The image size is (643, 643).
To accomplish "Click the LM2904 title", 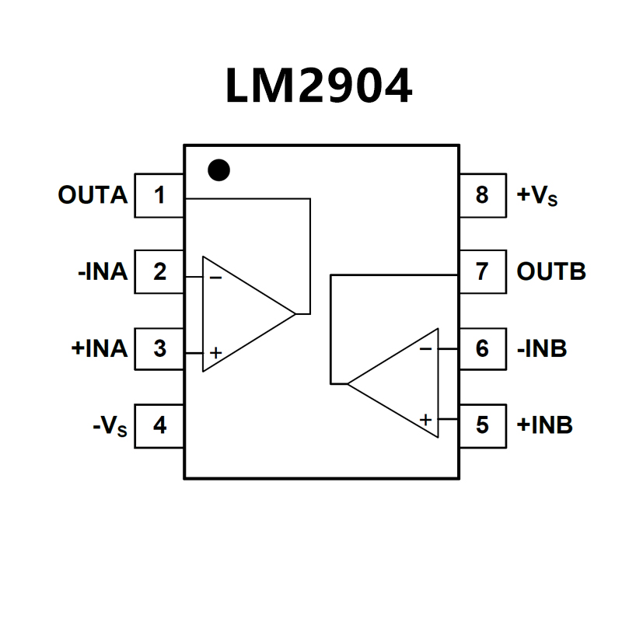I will [x=319, y=86].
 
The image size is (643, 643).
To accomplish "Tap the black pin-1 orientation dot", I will [x=220, y=170].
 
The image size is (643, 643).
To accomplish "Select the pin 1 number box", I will [x=159, y=195].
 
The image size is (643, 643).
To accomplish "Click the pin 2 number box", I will [x=159, y=272].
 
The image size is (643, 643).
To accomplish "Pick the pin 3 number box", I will [x=159, y=348].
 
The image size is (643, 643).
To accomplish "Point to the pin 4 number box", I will [x=159, y=426].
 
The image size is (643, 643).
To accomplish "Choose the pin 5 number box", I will [x=483, y=426].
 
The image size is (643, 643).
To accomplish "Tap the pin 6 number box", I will [x=483, y=348].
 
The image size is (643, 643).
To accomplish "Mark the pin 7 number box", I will [x=483, y=272].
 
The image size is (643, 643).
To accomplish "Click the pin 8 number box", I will [x=483, y=195].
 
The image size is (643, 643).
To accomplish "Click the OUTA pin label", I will [x=93, y=195].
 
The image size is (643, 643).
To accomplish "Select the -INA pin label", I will [x=102, y=272].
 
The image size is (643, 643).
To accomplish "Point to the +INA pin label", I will [x=99, y=348].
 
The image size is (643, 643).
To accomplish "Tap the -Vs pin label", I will [x=110, y=427].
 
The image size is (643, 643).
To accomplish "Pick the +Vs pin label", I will [x=537, y=196].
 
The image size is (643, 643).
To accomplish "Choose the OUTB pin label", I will [x=551, y=272].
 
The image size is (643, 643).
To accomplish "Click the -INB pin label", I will [x=542, y=348].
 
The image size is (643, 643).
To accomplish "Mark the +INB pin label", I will [x=544, y=426].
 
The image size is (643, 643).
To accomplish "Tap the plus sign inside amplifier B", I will [x=425, y=420].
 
